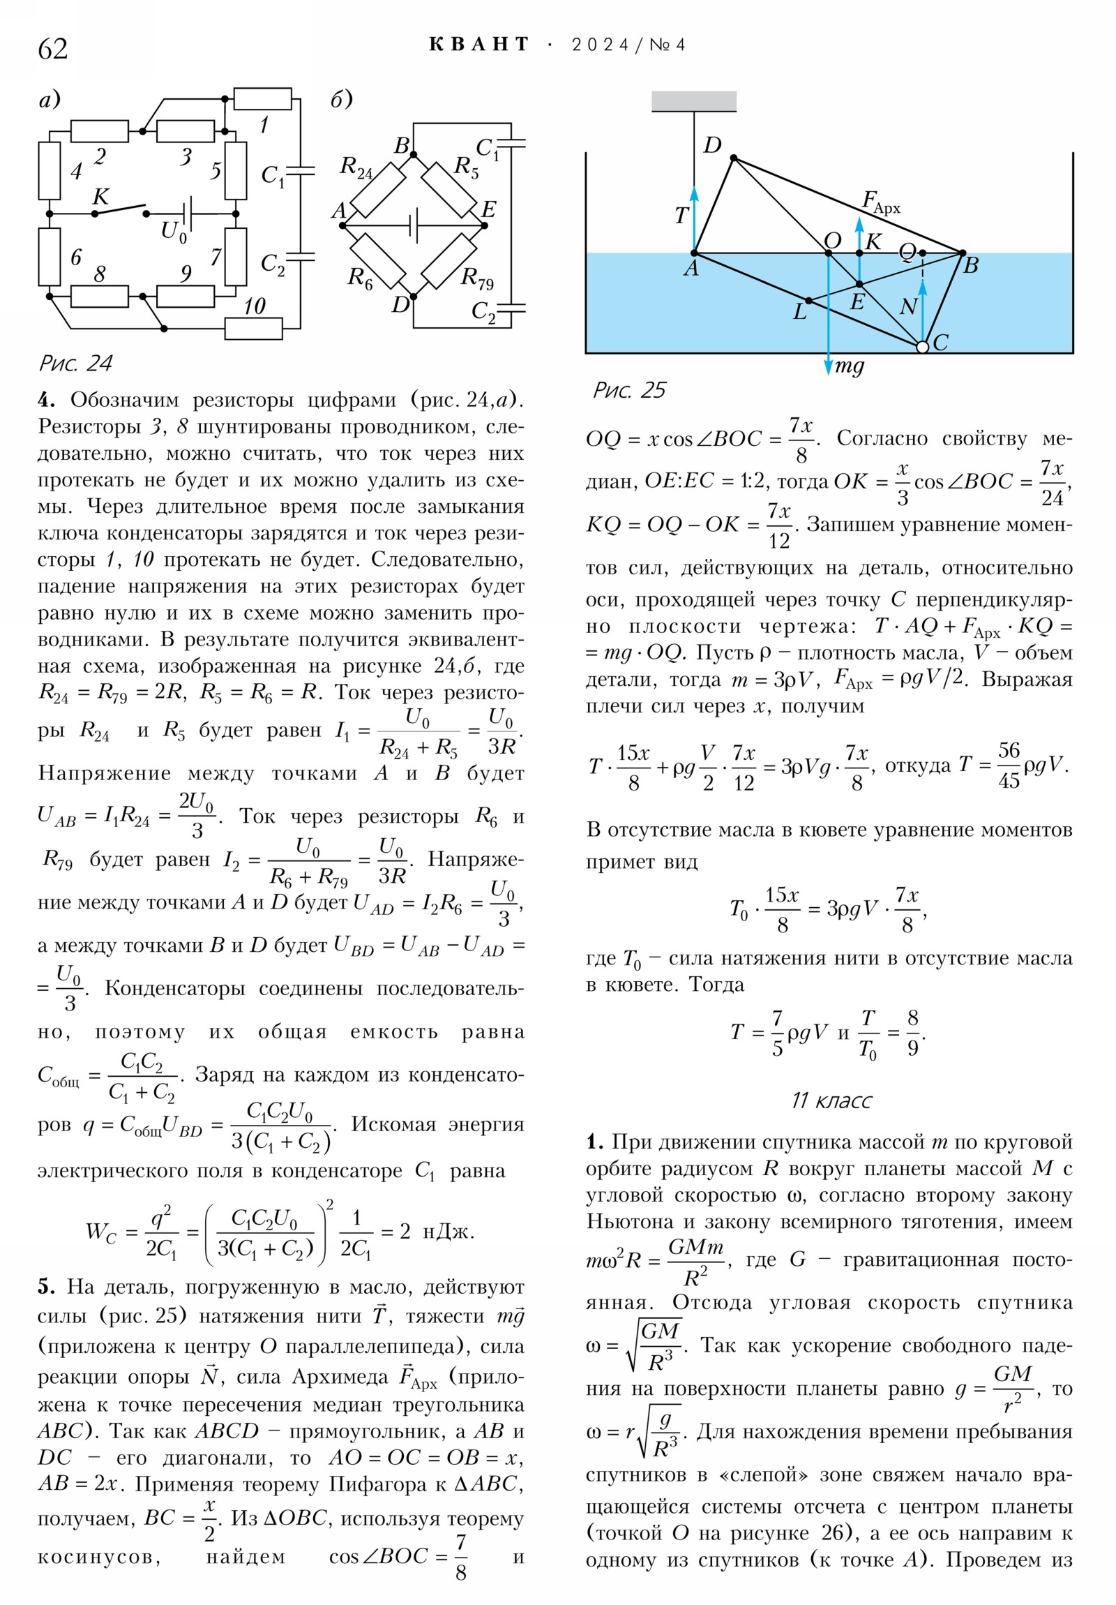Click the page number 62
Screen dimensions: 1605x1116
52,49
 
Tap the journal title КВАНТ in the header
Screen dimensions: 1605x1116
479,45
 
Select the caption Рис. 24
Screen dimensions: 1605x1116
75,364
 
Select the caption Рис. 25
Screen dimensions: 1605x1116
629,389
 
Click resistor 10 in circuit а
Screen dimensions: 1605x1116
253,328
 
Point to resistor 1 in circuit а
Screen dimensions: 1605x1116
262,99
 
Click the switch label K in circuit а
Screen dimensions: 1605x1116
100,196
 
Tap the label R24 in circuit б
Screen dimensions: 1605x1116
356,167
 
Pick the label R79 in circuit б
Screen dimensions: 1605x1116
477,278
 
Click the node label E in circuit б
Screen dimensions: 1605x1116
489,209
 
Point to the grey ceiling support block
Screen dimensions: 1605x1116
693,101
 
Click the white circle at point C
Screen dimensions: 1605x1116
921,346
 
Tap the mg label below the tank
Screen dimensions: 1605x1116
850,366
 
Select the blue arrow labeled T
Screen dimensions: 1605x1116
694,217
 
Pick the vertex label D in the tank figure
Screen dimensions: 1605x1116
712,145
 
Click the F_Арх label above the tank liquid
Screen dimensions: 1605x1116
880,202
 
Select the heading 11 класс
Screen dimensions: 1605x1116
831,1100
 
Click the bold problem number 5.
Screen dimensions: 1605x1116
46,1286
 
